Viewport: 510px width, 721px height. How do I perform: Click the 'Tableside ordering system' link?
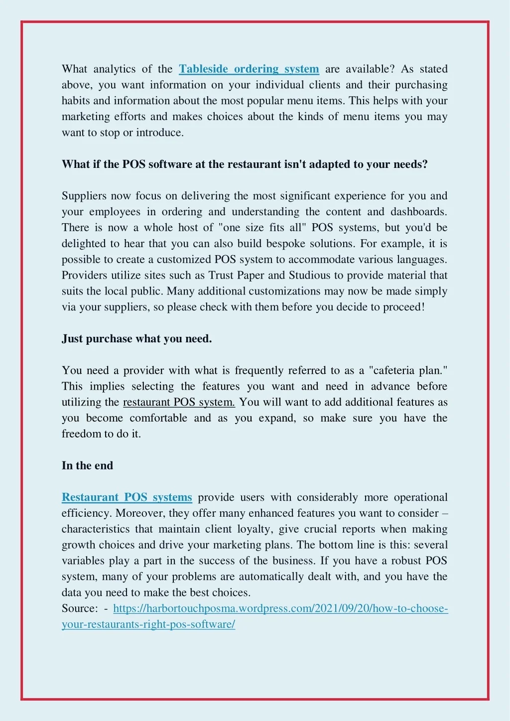pos(249,69)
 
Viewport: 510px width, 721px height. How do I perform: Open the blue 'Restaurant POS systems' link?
pos(127,497)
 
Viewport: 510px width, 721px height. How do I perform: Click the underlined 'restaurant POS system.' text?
pos(179,402)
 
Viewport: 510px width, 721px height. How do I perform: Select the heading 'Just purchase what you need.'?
pos(136,339)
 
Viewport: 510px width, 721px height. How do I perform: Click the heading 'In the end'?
pos(87,465)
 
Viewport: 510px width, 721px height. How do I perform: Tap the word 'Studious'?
pos(309,275)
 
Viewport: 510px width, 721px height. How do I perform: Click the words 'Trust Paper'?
pos(237,275)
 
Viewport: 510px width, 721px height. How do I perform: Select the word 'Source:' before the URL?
pos(80,608)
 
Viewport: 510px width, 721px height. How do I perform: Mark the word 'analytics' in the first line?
pos(115,69)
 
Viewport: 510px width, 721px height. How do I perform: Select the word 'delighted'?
pos(84,244)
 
